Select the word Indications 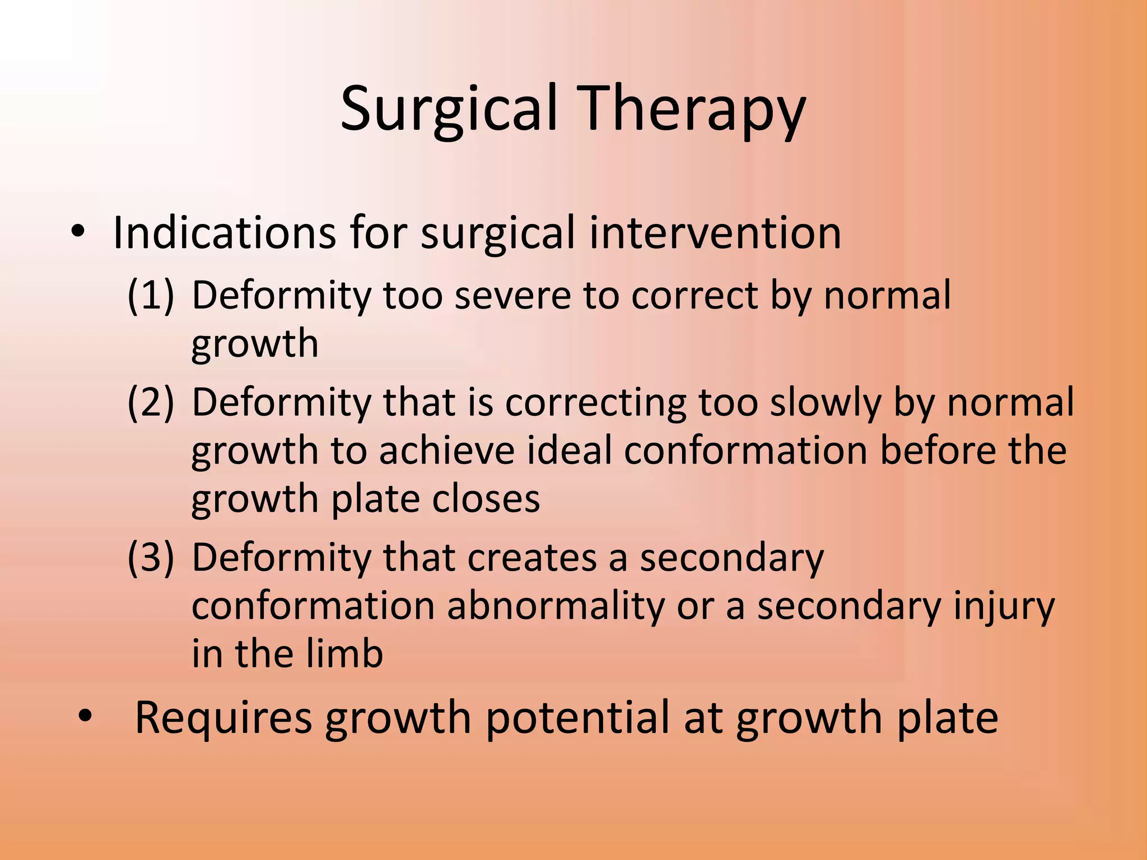(224, 232)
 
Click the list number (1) (151, 295)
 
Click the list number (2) (151, 402)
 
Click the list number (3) (151, 558)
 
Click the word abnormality (555, 606)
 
